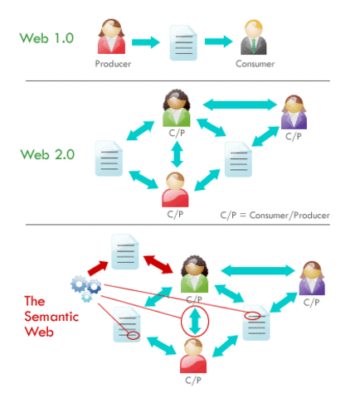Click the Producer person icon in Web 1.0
tap(112, 36)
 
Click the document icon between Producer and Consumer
tap(182, 41)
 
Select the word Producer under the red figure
tap(112, 63)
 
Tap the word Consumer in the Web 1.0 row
tap(254, 63)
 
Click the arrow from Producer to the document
tap(147, 40)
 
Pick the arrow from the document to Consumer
tap(218, 40)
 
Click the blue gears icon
tap(85, 285)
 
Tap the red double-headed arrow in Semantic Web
tap(156, 262)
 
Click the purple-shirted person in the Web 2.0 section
tap(294, 114)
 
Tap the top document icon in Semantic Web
tap(124, 250)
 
